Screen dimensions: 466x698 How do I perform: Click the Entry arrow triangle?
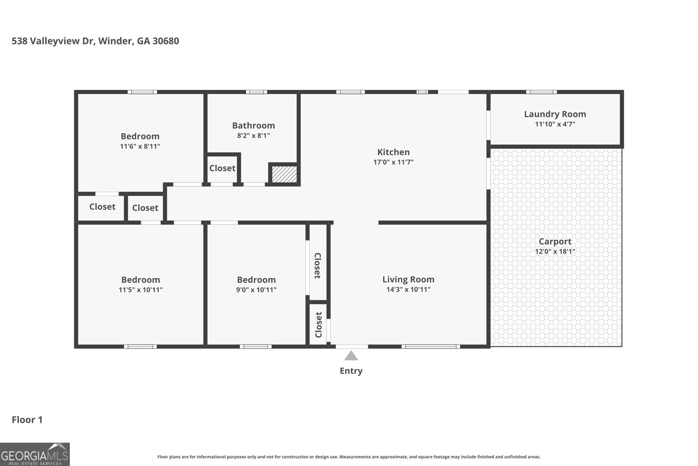click(351, 356)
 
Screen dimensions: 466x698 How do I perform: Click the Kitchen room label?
click(393, 152)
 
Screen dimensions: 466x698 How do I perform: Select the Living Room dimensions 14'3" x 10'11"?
click(408, 290)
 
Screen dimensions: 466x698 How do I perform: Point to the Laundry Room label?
click(555, 114)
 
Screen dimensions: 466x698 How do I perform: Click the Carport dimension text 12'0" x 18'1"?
click(555, 252)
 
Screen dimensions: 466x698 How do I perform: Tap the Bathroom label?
click(253, 125)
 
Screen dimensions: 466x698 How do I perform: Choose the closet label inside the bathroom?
click(222, 168)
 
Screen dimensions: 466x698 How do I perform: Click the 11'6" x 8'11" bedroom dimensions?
click(140, 146)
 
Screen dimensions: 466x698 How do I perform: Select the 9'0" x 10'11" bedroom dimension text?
click(256, 290)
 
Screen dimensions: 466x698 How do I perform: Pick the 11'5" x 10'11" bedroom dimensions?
click(140, 290)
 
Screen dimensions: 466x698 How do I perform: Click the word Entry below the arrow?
click(351, 371)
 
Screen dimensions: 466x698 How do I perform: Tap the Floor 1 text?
click(27, 420)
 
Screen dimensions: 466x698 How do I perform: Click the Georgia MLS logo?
click(34, 454)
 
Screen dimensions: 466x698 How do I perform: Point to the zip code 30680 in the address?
click(166, 41)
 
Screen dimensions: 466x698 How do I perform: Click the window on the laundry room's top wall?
click(541, 92)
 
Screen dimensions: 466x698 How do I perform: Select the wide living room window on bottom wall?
click(431, 346)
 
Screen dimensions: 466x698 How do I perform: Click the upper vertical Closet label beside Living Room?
click(318, 266)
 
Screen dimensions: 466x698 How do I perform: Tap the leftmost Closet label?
click(102, 207)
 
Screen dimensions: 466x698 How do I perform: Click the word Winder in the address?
click(115, 41)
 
